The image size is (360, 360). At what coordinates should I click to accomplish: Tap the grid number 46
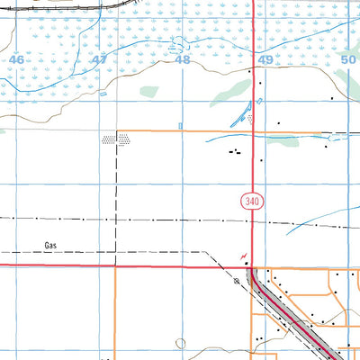[16, 59]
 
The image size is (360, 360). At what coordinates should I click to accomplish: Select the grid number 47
[99, 59]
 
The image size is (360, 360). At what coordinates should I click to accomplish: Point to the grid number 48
[183, 59]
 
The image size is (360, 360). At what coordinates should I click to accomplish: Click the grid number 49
[265, 59]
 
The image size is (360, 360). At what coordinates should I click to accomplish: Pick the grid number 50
[349, 59]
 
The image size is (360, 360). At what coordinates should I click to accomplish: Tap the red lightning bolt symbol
[242, 256]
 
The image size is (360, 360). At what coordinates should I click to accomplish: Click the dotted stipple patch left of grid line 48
[115, 139]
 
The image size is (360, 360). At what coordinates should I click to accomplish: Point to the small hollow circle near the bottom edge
[181, 343]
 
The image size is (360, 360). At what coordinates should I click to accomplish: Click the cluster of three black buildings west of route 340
[236, 152]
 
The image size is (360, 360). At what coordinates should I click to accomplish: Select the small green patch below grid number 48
[149, 91]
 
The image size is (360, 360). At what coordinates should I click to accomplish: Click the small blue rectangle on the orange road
[181, 126]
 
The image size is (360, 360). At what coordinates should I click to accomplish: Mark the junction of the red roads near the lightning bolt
[251, 266]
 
